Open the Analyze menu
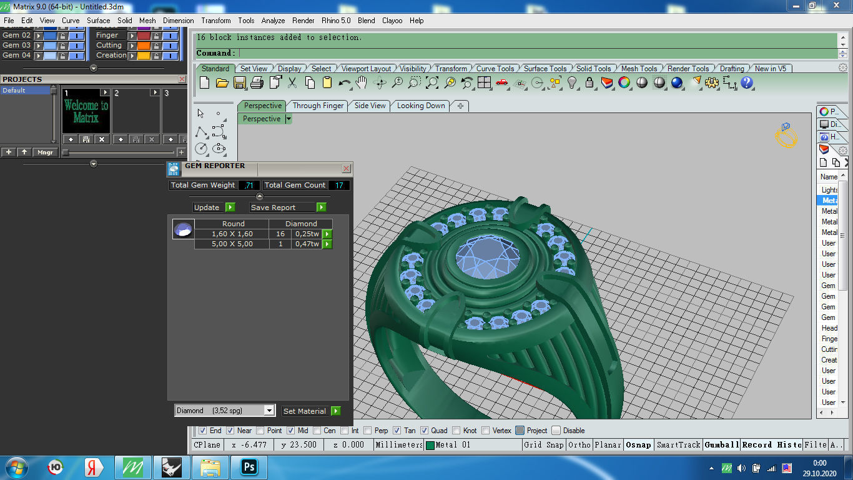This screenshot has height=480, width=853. [273, 21]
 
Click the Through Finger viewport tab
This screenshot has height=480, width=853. [318, 106]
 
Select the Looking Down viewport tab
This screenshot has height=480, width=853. [421, 106]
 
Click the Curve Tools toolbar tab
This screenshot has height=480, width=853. [495, 69]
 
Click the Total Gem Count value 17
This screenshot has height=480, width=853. [339, 185]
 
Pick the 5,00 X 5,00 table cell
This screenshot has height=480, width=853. [232, 244]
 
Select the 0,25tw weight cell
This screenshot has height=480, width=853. [307, 234]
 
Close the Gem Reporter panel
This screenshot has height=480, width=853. [346, 169]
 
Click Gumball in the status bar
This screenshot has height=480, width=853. [721, 445]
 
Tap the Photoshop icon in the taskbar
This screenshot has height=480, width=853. [249, 467]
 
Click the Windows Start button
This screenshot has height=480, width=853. [16, 467]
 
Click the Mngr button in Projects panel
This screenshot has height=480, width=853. [45, 152]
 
